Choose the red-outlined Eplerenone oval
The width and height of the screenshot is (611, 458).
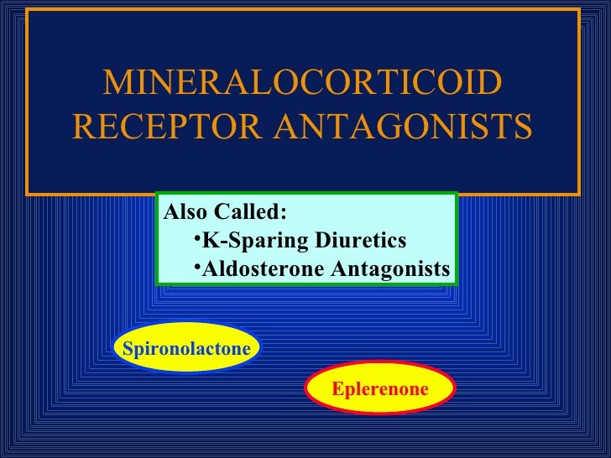pyautogui.click(x=380, y=388)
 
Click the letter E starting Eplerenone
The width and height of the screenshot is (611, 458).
pyautogui.click(x=337, y=388)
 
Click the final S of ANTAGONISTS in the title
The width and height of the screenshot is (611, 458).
pyautogui.click(x=522, y=128)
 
